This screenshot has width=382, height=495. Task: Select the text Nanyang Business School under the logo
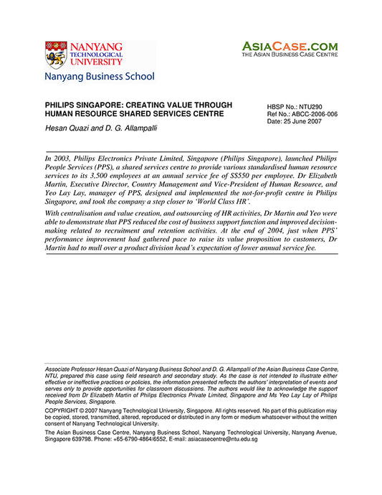(99, 76)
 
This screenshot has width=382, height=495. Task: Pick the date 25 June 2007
(303, 122)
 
